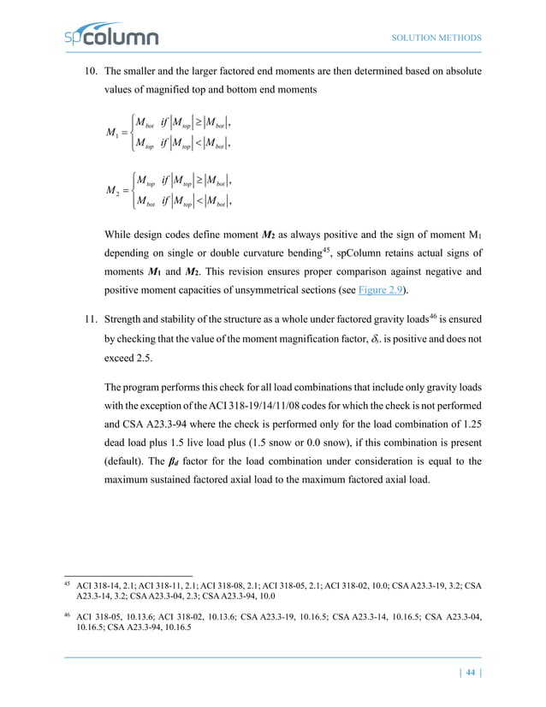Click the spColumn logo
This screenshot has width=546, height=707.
111,37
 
